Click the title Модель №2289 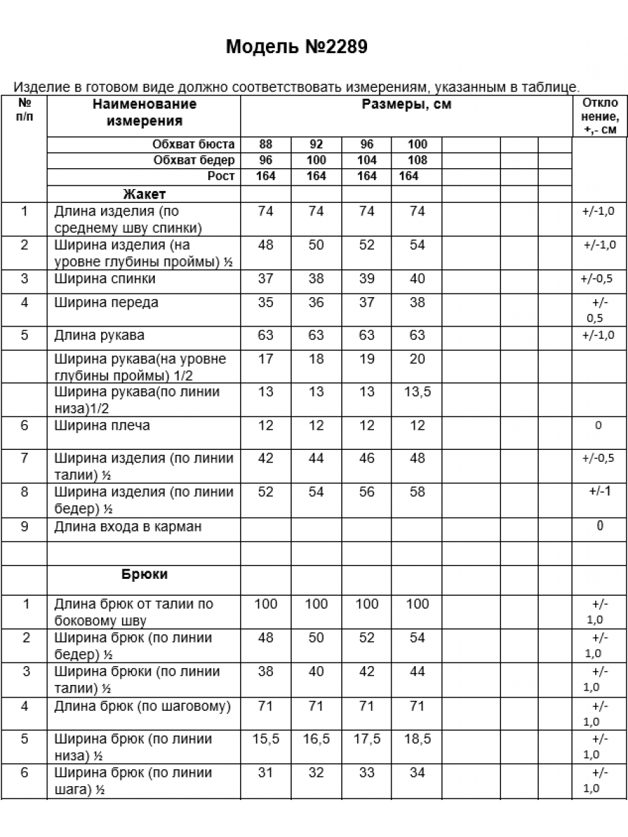pyautogui.click(x=296, y=47)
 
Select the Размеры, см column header pyautogui.click(x=406, y=105)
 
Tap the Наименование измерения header pyautogui.click(x=144, y=112)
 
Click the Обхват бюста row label pyautogui.click(x=193, y=145)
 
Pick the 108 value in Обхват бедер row pyautogui.click(x=417, y=160)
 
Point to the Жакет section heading pyautogui.click(x=144, y=193)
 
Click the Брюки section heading pyautogui.click(x=144, y=575)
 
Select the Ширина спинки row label pyautogui.click(x=105, y=279)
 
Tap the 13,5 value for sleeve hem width pyautogui.click(x=417, y=392)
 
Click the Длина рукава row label pyautogui.click(x=99, y=335)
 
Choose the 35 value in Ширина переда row pyautogui.click(x=266, y=303)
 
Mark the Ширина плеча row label pyautogui.click(x=102, y=425)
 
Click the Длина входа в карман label pyautogui.click(x=128, y=527)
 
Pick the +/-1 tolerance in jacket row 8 pyautogui.click(x=599, y=491)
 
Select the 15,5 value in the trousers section pyautogui.click(x=266, y=739)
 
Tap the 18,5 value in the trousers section pyautogui.click(x=417, y=739)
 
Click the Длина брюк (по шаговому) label pyautogui.click(x=142, y=707)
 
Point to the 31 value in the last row pyautogui.click(x=266, y=773)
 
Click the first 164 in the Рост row pyautogui.click(x=266, y=176)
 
